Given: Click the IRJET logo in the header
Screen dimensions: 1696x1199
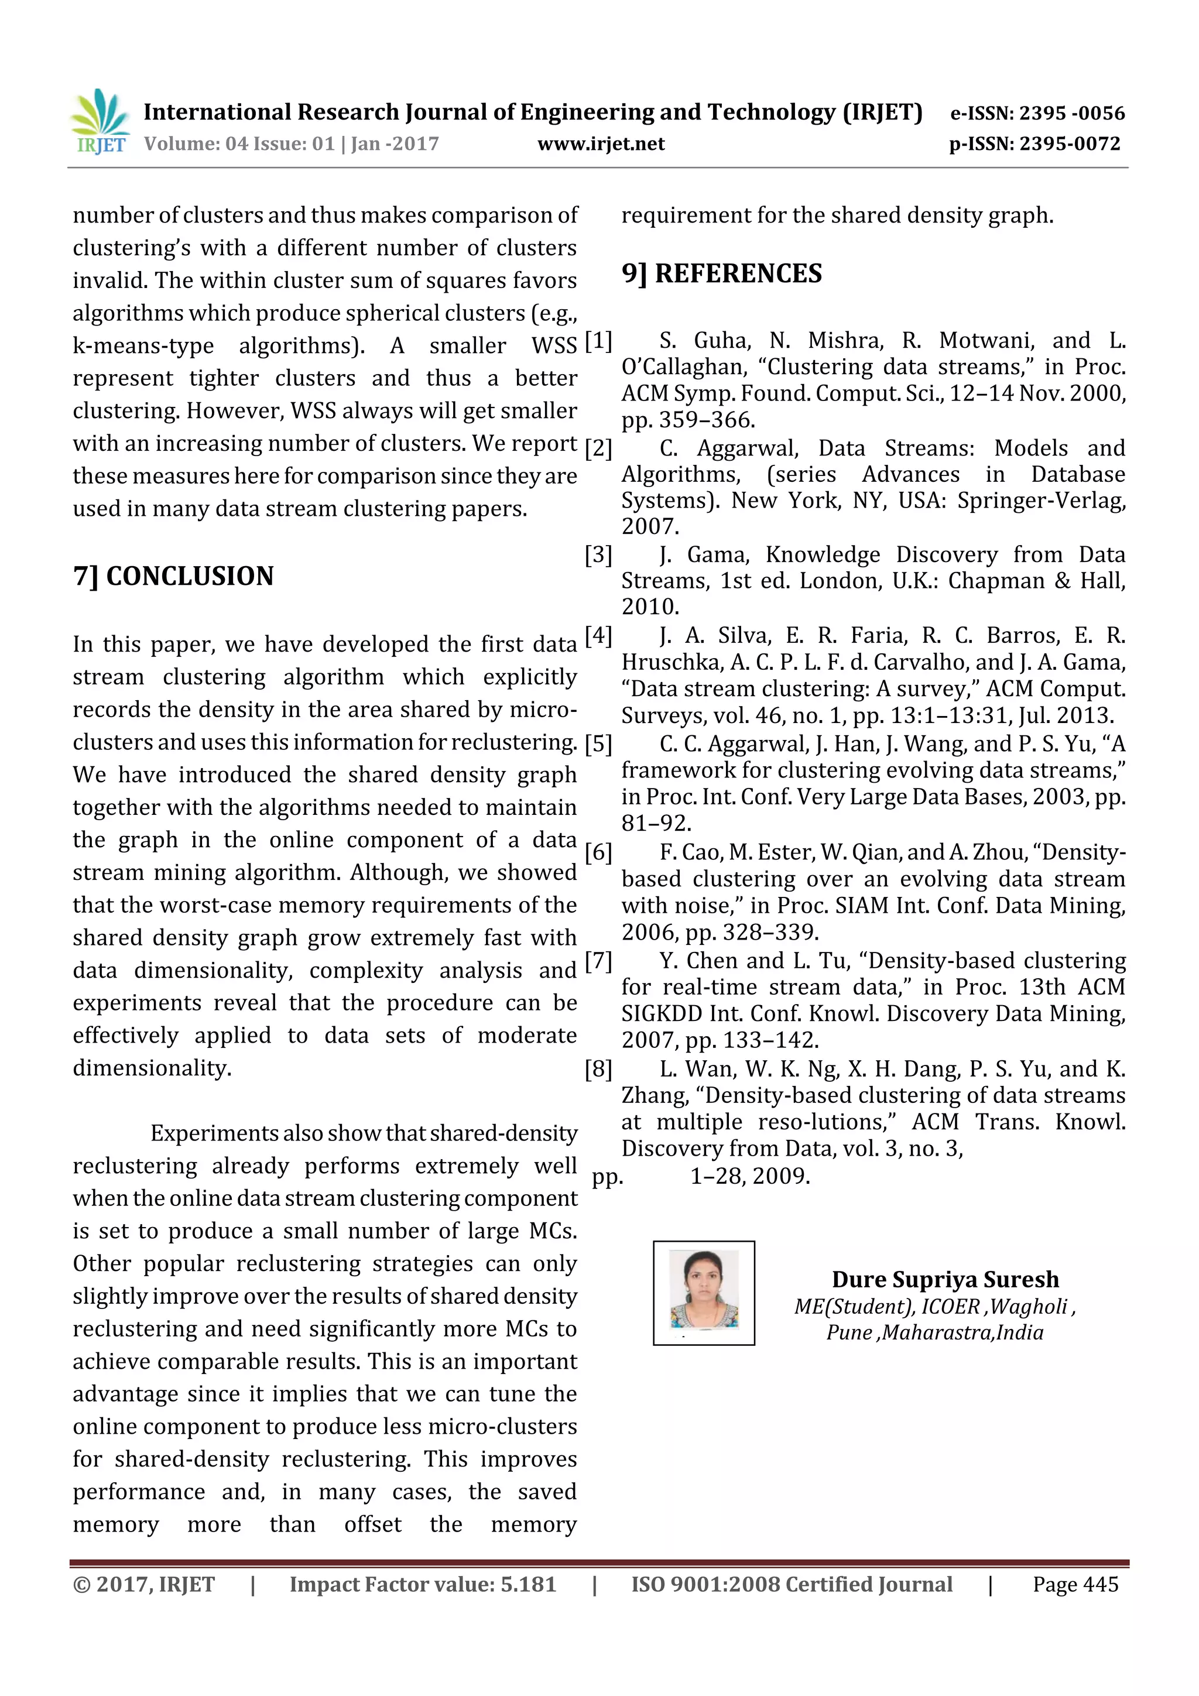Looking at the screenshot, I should point(100,122).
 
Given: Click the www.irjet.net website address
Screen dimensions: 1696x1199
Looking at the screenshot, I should point(601,144).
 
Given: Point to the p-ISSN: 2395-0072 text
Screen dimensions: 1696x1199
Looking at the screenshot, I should point(1034,144).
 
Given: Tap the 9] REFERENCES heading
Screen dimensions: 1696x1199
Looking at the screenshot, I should point(721,273).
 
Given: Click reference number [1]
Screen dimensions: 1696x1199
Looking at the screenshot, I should point(598,341).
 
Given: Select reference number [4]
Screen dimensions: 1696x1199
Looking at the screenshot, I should point(598,635).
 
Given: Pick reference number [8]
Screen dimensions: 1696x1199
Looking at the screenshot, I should point(598,1069).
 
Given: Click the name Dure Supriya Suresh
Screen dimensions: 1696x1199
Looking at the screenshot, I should point(945,1279).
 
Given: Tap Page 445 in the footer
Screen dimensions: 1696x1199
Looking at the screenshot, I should point(1075,1584).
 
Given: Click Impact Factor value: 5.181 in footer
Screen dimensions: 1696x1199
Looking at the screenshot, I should point(423,1584).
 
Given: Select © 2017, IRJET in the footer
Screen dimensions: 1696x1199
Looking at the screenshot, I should point(143,1584).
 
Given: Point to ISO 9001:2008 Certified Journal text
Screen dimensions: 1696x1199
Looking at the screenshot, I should point(791,1584).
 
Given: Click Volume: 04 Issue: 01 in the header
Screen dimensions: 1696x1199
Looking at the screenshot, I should point(239,144).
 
